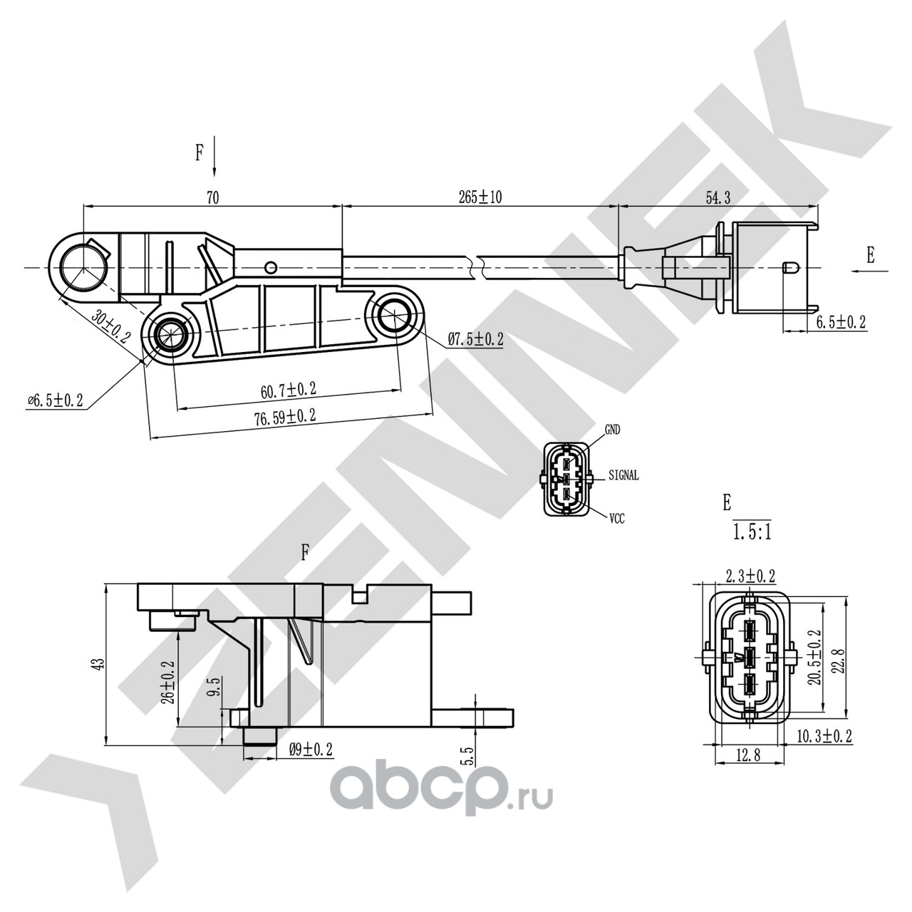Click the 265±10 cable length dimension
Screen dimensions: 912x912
pyautogui.click(x=480, y=197)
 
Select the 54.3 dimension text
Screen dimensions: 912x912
pyautogui.click(x=717, y=199)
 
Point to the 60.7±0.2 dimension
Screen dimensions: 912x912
pyautogui.click(x=288, y=390)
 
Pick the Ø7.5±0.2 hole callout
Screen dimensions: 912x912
pyautogui.click(x=475, y=340)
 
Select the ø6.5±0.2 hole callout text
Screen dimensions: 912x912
pyautogui.click(x=55, y=401)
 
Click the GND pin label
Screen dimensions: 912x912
pyautogui.click(x=612, y=430)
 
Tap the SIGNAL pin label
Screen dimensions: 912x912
pyautogui.click(x=623, y=475)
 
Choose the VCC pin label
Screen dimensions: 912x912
pyautogui.click(x=616, y=519)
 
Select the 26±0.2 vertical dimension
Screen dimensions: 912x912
pyautogui.click(x=168, y=681)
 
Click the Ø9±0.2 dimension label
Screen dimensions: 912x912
pyautogui.click(x=311, y=749)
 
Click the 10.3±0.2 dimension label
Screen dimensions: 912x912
pyautogui.click(x=824, y=736)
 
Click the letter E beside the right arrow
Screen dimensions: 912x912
pyautogui.click(x=870, y=256)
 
